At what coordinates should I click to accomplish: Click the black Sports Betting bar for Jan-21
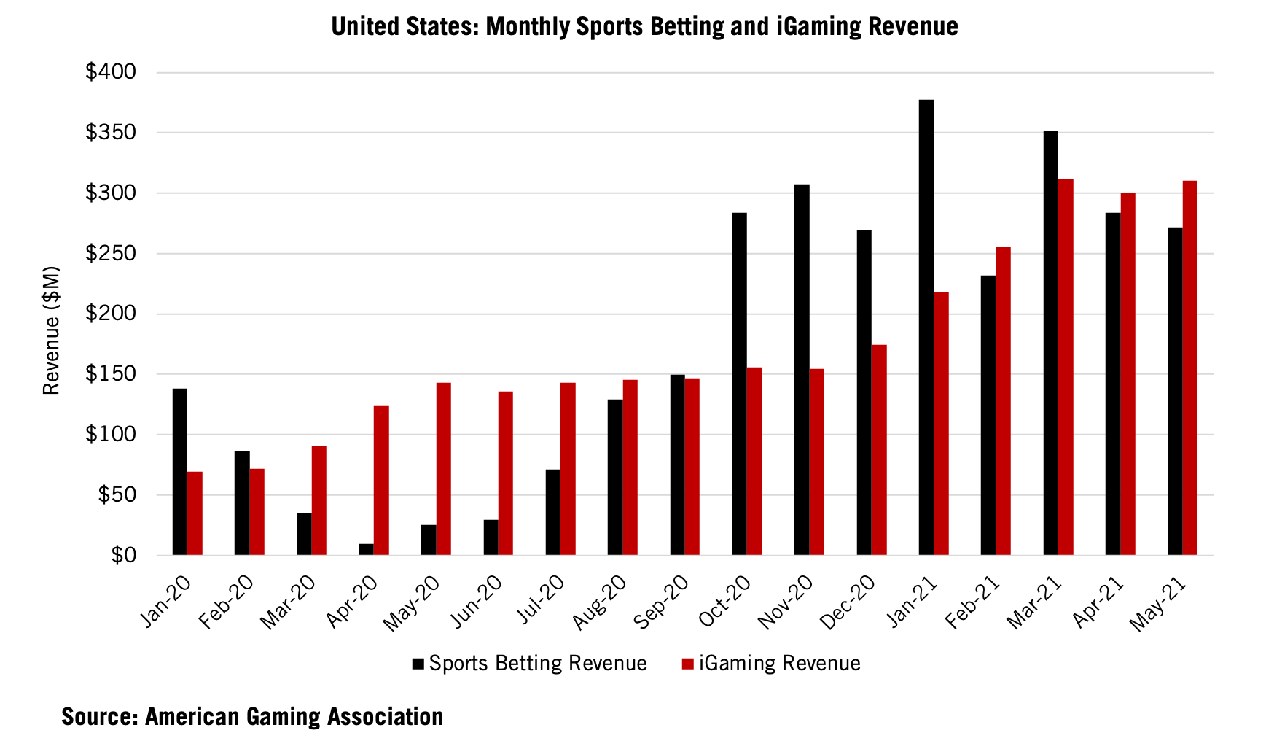click(x=926, y=328)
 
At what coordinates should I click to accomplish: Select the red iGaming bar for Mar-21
click(x=1066, y=368)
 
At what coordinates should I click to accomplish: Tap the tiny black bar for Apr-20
click(x=366, y=549)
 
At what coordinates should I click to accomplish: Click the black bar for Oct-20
click(x=739, y=384)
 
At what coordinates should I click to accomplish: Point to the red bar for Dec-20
click(x=879, y=450)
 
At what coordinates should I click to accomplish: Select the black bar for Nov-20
click(x=802, y=370)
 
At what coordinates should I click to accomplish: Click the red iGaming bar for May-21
click(x=1189, y=368)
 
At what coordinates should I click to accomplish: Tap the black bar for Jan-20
click(x=179, y=472)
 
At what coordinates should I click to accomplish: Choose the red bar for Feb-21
click(x=1003, y=401)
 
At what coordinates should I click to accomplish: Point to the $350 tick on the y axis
click(x=111, y=133)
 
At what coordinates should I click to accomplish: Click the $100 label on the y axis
click(x=111, y=435)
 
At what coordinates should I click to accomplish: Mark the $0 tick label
click(x=123, y=556)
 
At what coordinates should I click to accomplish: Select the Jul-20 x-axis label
click(x=542, y=599)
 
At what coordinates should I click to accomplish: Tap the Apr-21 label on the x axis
click(x=1099, y=602)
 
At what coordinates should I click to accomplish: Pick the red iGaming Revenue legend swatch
click(x=687, y=664)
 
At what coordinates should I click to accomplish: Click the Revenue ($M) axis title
click(x=51, y=330)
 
